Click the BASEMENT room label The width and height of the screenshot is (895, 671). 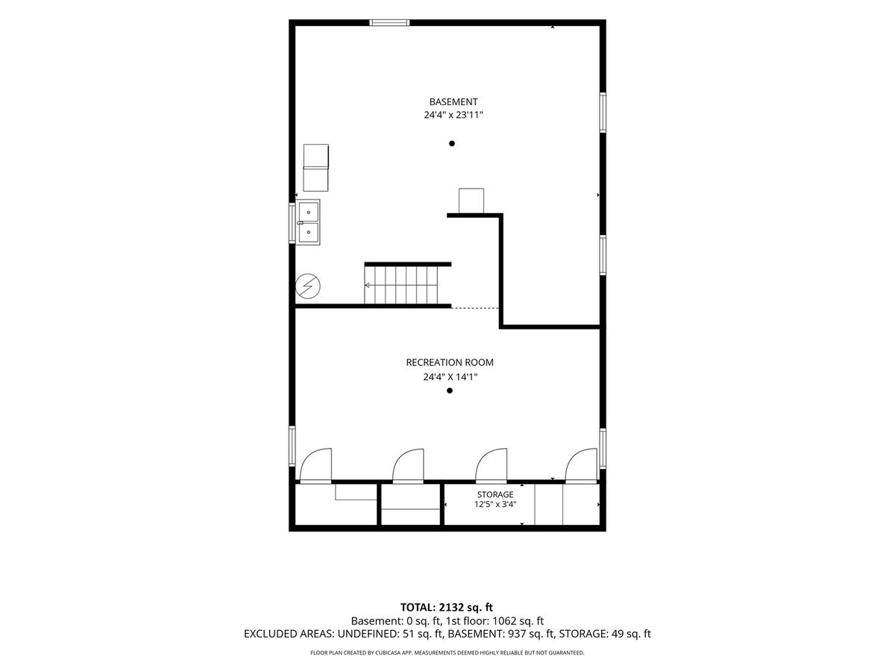pyautogui.click(x=453, y=101)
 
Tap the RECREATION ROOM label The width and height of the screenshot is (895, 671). pyautogui.click(x=449, y=362)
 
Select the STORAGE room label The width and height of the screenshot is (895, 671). pyautogui.click(x=495, y=494)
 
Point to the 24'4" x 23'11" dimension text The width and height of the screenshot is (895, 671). pyautogui.click(x=453, y=115)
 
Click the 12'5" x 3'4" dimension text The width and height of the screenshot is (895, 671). pyautogui.click(x=495, y=505)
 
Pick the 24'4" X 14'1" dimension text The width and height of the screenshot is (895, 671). pyautogui.click(x=450, y=377)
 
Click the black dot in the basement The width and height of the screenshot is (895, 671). pyautogui.click(x=451, y=143)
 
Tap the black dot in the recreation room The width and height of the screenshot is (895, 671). pyautogui.click(x=449, y=390)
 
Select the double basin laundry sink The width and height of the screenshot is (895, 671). pyautogui.click(x=308, y=222)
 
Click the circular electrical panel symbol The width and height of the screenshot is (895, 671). pyautogui.click(x=308, y=286)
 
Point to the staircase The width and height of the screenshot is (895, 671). pyautogui.click(x=401, y=285)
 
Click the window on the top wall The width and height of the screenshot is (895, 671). pyautogui.click(x=389, y=22)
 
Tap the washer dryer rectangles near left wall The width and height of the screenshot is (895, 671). pyautogui.click(x=315, y=168)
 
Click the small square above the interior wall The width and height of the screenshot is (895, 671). pyautogui.click(x=471, y=201)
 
